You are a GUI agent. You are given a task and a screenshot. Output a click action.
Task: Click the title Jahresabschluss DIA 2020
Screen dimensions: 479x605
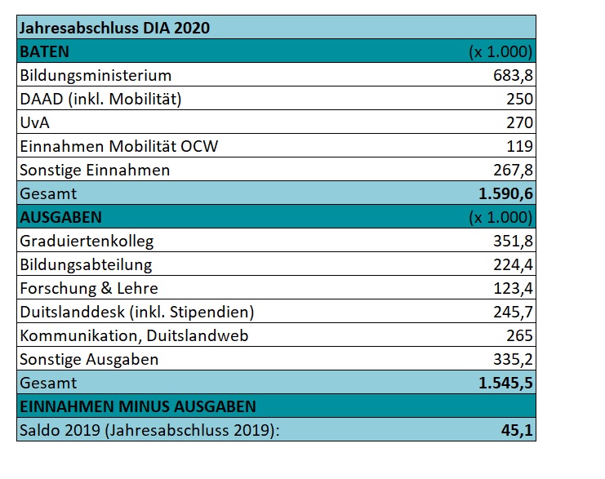(114, 28)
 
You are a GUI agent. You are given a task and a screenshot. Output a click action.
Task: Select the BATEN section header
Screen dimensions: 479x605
(44, 51)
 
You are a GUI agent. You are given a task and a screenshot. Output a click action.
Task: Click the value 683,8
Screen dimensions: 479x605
(514, 75)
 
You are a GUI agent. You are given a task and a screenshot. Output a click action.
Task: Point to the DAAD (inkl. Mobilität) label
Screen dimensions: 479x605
(100, 99)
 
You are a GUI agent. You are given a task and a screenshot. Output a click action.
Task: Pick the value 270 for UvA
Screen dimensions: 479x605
(519, 122)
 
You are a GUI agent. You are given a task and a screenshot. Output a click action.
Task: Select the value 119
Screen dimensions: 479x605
(520, 146)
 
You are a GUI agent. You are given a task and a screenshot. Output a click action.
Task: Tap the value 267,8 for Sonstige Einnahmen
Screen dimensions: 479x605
(514, 170)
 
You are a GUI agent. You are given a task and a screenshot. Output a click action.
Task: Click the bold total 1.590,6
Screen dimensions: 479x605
(506, 193)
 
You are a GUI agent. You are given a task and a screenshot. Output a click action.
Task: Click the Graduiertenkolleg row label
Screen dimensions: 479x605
(87, 241)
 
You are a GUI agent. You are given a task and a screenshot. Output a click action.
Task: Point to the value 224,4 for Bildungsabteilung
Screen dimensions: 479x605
(514, 264)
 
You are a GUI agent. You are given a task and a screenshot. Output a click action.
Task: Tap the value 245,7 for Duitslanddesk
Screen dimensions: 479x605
(514, 312)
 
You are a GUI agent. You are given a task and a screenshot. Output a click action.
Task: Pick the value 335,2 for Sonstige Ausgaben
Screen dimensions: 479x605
(514, 359)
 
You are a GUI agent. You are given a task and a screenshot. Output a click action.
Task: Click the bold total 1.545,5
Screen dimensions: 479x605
(506, 383)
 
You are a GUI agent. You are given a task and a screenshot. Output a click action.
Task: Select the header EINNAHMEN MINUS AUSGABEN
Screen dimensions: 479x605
(137, 406)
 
